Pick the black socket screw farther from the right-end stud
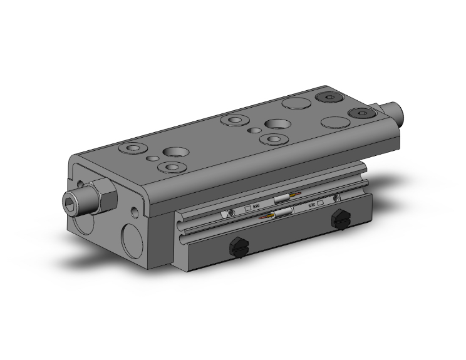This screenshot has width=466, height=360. pyautogui.click(x=328, y=98)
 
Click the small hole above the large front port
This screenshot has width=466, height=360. pyautogui.click(x=136, y=210)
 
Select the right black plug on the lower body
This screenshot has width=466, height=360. pyautogui.click(x=340, y=219)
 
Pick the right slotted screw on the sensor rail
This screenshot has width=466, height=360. pyautogui.click(x=336, y=198)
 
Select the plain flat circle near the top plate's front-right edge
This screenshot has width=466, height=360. pyautogui.click(x=334, y=123)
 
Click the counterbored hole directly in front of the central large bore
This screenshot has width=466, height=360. pyautogui.click(x=273, y=138)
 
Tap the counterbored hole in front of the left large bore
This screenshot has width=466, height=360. pyautogui.click(x=170, y=167)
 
